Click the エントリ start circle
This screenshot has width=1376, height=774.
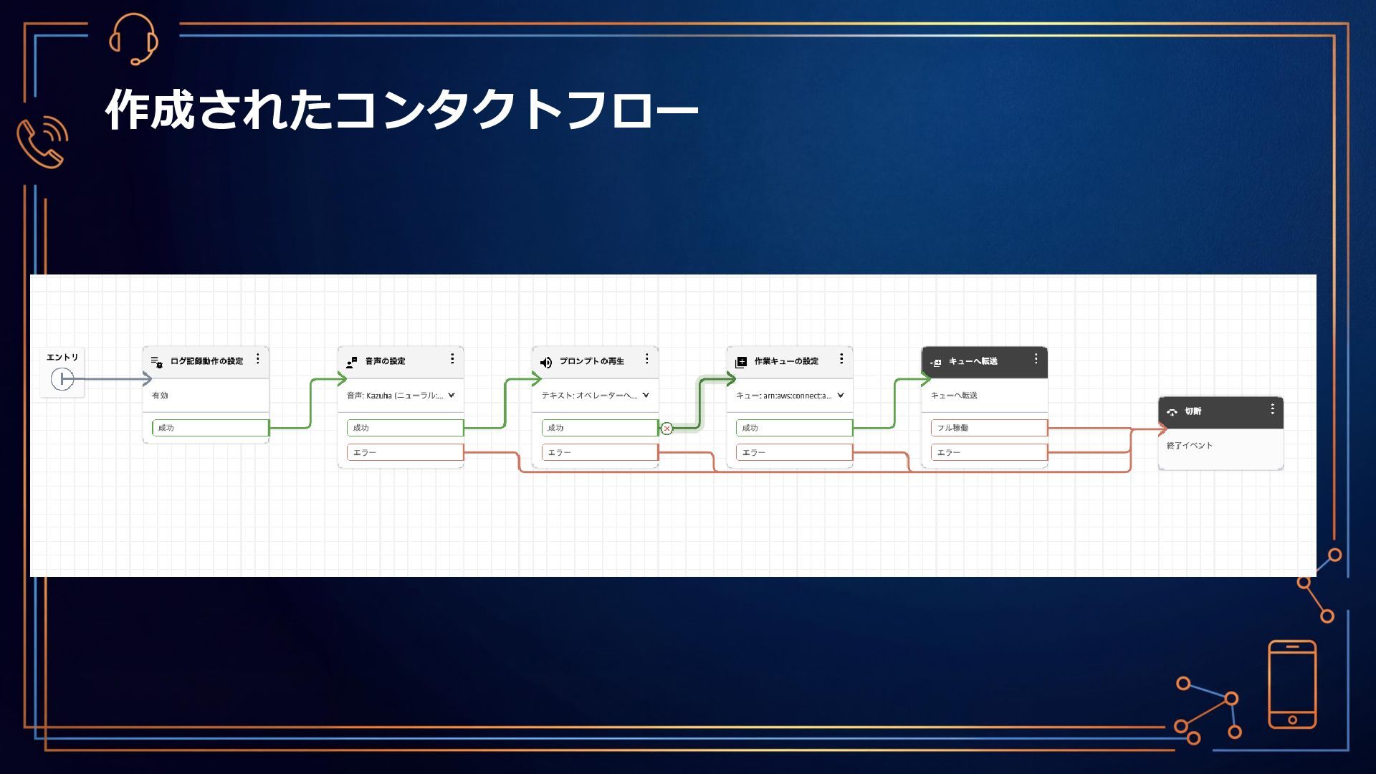(62, 378)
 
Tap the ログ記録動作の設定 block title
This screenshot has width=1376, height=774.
(206, 361)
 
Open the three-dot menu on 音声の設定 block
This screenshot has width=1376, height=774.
(452, 359)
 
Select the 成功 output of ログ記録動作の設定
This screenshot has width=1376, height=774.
(210, 428)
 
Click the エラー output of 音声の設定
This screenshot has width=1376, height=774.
(404, 453)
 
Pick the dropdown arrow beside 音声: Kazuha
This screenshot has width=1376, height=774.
(451, 396)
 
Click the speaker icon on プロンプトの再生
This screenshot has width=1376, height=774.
(546, 362)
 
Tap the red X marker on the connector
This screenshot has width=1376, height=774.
(667, 429)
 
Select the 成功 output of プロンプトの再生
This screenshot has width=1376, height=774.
(599, 428)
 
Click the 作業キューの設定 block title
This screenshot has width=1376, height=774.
(786, 361)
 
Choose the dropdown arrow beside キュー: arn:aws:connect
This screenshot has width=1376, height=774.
(841, 396)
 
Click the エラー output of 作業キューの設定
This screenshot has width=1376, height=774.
(794, 453)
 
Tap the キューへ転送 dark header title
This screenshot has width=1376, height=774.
(973, 361)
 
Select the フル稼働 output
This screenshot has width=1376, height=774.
(989, 428)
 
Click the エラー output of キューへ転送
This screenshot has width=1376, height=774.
(989, 453)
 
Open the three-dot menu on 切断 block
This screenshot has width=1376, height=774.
(1273, 409)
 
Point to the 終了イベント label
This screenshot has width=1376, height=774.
(1190, 446)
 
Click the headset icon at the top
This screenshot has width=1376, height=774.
(133, 39)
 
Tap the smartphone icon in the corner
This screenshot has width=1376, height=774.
(1292, 684)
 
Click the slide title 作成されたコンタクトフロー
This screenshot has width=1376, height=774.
(401, 110)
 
